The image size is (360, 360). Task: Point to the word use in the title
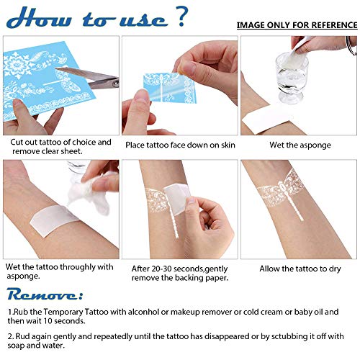pyautogui.click(x=140, y=18)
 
